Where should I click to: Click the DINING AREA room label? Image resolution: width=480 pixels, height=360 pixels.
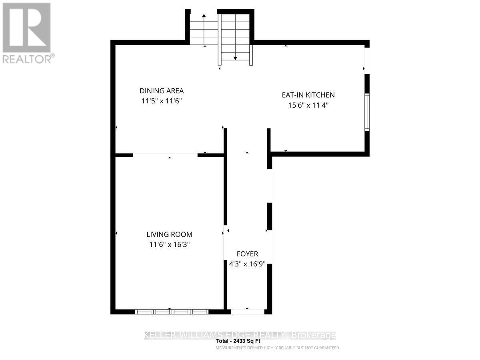[x=162, y=91]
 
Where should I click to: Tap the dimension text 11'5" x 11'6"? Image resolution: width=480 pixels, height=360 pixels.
[x=162, y=102]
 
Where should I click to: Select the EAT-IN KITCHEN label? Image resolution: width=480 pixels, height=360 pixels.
[x=308, y=95]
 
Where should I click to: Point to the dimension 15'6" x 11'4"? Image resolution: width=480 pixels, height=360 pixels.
[x=308, y=106]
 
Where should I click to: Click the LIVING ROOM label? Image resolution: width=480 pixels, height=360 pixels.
[x=169, y=234]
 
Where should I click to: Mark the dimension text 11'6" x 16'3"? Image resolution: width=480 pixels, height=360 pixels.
[x=169, y=245]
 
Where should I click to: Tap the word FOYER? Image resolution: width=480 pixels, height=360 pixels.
[x=247, y=254]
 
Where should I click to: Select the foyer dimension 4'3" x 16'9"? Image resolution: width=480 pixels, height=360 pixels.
[x=247, y=264]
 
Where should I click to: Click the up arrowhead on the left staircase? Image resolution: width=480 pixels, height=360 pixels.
[x=204, y=16]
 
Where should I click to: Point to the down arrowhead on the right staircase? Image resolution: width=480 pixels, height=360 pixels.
[x=235, y=58]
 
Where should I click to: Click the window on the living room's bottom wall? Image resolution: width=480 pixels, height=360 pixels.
[x=172, y=312]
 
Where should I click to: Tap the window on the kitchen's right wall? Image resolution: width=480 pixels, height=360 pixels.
[x=367, y=112]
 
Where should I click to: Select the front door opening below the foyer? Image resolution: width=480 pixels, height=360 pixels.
[x=248, y=311]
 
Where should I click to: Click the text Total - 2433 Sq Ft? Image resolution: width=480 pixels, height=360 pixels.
[x=238, y=342]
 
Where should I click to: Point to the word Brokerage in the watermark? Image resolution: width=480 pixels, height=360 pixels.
[x=314, y=335]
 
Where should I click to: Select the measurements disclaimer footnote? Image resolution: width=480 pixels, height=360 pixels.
[x=278, y=348]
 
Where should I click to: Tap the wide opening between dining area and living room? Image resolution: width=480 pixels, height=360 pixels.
[x=165, y=154]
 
